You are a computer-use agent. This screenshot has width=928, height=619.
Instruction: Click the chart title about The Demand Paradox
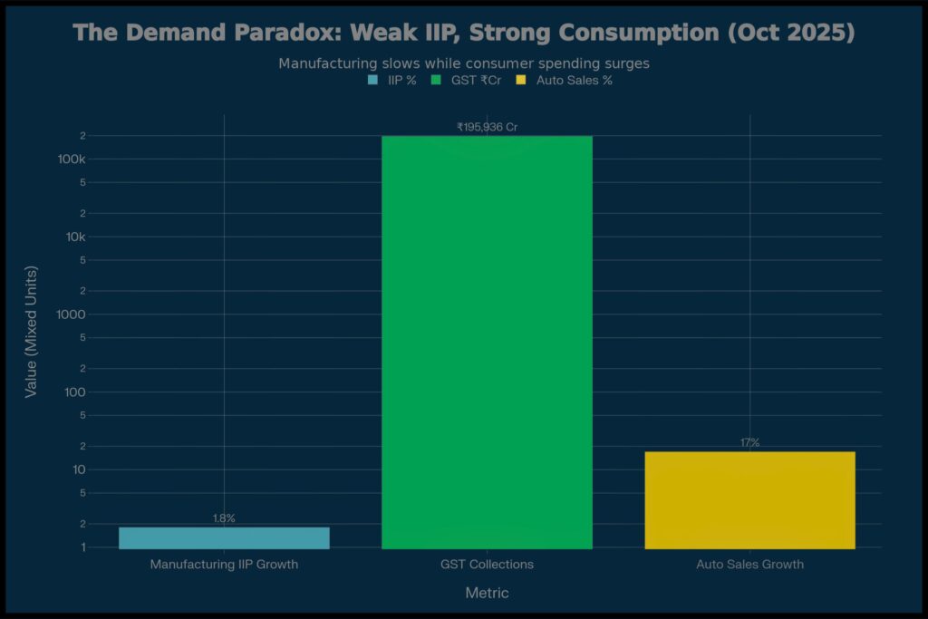[x=464, y=33]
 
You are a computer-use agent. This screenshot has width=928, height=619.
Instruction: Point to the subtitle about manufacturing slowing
[x=464, y=63]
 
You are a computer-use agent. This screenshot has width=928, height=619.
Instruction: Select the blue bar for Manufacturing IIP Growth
[x=224, y=537]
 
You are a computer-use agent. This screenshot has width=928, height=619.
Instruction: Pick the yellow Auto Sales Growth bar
[x=749, y=499]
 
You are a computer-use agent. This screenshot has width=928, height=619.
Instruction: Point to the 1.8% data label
[x=224, y=518]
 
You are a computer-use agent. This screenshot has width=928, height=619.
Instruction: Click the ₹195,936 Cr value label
[x=487, y=127]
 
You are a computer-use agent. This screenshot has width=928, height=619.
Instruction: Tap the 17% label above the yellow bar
[x=749, y=442]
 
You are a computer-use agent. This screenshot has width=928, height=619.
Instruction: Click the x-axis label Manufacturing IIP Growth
[x=224, y=565]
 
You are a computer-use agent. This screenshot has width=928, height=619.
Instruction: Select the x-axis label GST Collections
[x=487, y=565]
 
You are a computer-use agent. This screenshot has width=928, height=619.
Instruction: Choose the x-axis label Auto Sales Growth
[x=749, y=565]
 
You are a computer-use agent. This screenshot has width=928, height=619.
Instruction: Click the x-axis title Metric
[x=487, y=593]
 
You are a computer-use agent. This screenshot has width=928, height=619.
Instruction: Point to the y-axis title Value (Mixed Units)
[x=31, y=332]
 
